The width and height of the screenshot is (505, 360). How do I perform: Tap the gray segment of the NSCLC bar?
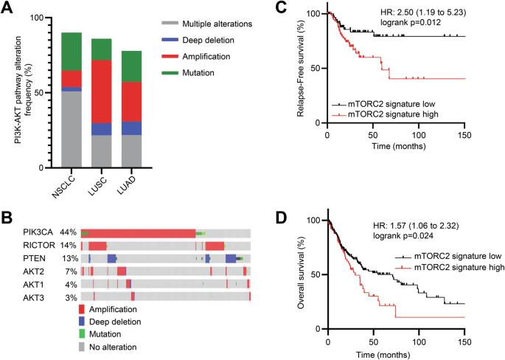(x=72, y=129)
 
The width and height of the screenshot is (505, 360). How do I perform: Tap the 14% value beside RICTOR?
(x=70, y=246)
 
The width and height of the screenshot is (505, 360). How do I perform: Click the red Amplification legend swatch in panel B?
(x=83, y=309)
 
